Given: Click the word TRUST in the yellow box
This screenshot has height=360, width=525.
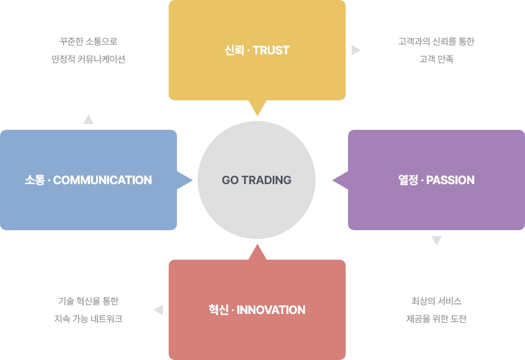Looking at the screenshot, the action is (x=271, y=50).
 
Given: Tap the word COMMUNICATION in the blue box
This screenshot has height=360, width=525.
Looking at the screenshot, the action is (x=103, y=180).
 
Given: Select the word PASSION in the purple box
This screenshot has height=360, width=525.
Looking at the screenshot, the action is (x=450, y=180).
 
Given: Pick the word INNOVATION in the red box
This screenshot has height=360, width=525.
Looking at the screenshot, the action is (x=271, y=310).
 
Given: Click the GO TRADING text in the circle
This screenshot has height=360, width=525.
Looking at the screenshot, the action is (x=257, y=180).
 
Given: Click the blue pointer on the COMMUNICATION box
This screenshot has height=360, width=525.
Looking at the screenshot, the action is (x=185, y=180).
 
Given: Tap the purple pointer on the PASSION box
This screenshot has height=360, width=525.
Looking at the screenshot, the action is (x=340, y=180).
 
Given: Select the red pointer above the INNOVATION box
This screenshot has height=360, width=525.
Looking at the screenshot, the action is (x=257, y=252).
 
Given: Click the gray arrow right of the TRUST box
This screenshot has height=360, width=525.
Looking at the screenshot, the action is (x=356, y=50).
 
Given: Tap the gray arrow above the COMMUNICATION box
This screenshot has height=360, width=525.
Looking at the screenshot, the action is (x=88, y=120).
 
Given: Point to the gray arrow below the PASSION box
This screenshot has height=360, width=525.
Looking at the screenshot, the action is (x=437, y=240).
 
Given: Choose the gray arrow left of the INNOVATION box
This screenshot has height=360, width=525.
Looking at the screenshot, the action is (x=159, y=310).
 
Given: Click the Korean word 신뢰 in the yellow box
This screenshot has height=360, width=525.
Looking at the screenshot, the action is (x=234, y=50).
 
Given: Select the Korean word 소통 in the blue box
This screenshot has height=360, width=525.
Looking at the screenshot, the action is (x=35, y=180).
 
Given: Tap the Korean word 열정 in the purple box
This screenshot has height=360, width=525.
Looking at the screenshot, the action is (x=408, y=180).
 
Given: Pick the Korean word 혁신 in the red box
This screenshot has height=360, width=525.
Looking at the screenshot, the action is (x=218, y=310).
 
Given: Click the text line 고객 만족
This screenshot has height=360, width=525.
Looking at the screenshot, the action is (x=437, y=59).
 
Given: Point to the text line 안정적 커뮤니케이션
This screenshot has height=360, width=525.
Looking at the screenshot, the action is (x=88, y=59).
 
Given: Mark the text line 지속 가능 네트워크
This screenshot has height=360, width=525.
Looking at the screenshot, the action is (x=88, y=319).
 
